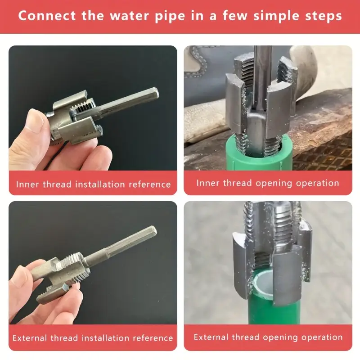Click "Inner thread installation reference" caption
(x=93, y=184)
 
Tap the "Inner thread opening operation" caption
(x=268, y=183)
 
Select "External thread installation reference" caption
(x=93, y=338)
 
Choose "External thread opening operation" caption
(x=268, y=337)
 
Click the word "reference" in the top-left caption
(x=150, y=184)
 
